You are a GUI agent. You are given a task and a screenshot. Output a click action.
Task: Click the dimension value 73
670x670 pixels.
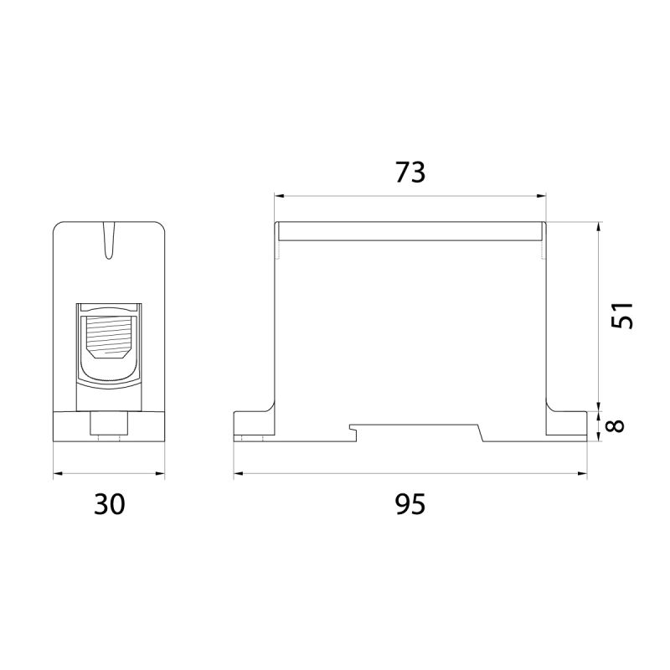coord(410,172)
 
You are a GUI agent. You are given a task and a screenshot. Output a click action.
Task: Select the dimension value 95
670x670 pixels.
coord(410,504)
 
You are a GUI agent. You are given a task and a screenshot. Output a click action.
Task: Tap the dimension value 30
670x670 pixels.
coord(110,504)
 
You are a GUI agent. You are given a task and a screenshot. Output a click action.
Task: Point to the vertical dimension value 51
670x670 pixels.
coord(621,316)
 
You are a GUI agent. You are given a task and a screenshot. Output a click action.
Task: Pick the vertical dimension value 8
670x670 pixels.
coord(616,426)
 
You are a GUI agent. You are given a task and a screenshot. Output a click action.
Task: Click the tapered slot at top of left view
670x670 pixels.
coord(109,240)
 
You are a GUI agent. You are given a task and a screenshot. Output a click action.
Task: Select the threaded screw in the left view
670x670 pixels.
coord(109,337)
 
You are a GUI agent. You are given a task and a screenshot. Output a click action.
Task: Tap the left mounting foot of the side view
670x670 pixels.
coord(255,424)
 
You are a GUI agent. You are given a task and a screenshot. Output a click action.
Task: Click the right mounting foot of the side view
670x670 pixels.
coord(566,424)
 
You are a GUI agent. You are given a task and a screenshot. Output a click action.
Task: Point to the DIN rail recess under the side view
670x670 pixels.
coord(416,433)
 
